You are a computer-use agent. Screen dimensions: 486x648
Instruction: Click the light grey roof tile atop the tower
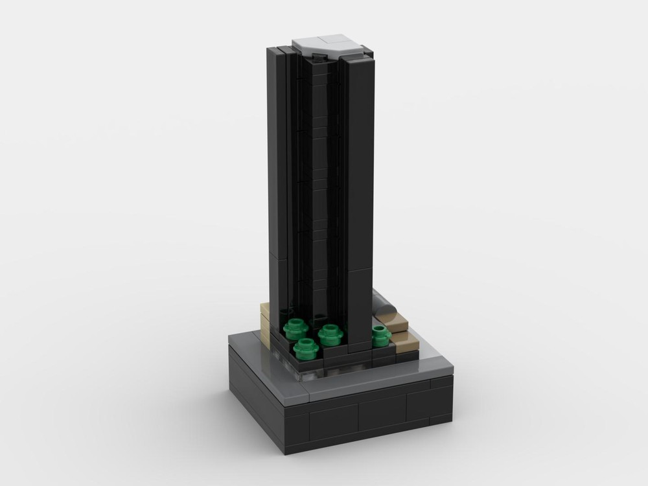coord(327,47)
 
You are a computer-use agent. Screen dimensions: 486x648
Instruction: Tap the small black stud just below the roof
coord(319,58)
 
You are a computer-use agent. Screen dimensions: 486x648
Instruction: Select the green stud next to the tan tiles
coord(380,334)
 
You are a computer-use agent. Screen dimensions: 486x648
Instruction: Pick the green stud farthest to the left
coord(295,329)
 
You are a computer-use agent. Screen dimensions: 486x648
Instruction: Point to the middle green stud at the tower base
coord(330,334)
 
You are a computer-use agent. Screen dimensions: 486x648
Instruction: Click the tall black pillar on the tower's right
coord(360,194)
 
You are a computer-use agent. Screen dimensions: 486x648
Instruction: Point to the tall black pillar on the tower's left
coord(277,181)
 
